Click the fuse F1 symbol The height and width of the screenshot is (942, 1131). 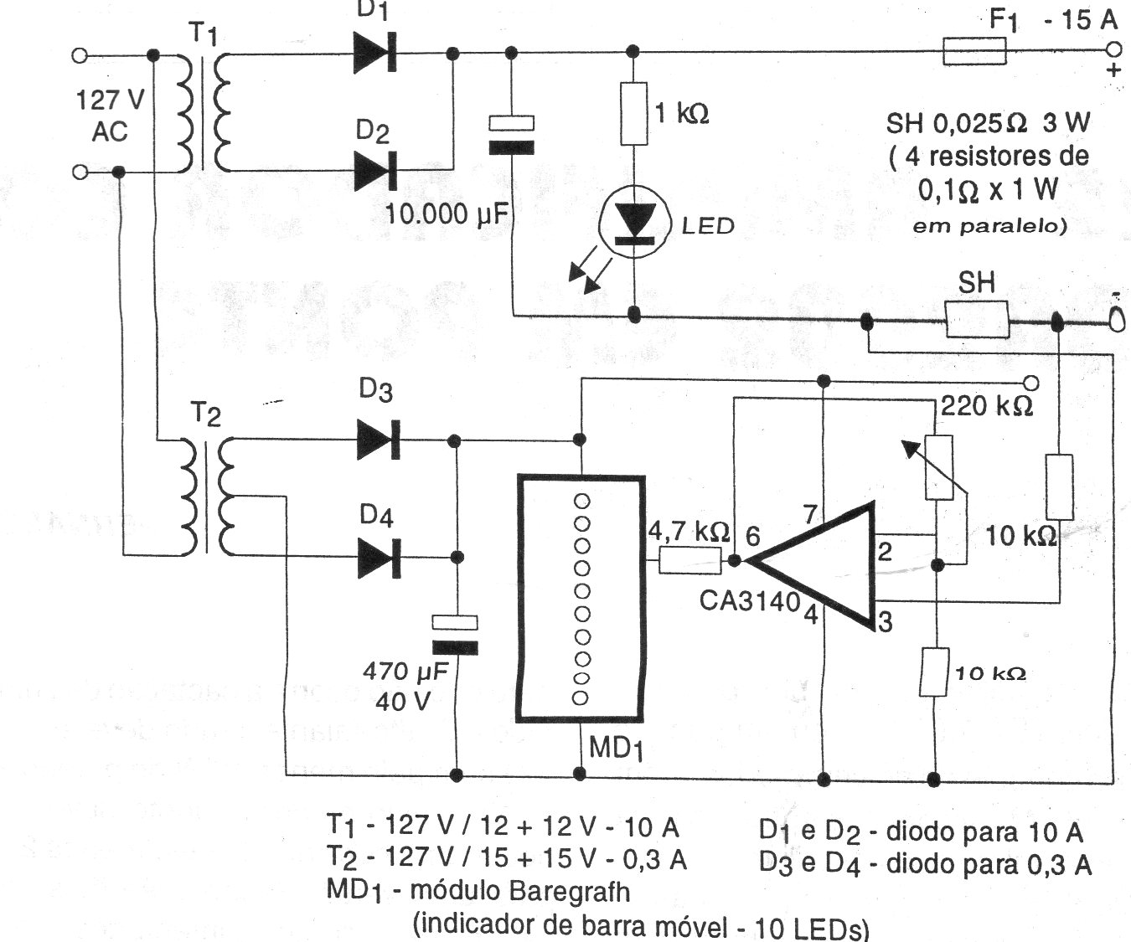pos(975,51)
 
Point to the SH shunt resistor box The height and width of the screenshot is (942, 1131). pos(977,321)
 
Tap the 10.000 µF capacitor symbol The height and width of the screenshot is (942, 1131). pos(511,136)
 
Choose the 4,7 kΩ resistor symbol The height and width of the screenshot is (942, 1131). pos(689,560)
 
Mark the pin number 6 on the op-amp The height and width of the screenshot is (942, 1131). pos(752,536)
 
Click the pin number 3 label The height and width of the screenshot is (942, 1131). pos(885,622)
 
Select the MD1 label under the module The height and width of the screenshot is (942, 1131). pos(616,748)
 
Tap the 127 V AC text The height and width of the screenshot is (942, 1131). pos(110,116)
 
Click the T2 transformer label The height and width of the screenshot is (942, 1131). pos(205,413)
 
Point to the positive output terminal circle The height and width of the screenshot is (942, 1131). pos(1112,49)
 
